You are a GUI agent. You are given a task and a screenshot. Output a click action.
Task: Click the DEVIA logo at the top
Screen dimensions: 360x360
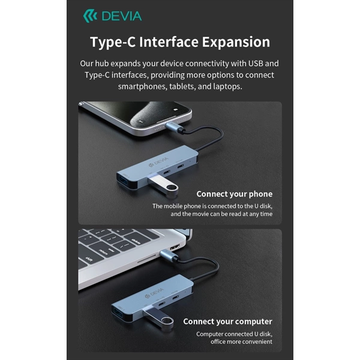tap(112, 16)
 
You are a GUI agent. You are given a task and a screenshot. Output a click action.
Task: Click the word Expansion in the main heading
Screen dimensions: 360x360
tap(236, 42)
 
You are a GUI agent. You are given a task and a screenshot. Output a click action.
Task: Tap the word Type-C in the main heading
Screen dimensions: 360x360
tap(113, 43)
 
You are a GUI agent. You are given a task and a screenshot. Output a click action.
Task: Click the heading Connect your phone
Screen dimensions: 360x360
tap(235, 194)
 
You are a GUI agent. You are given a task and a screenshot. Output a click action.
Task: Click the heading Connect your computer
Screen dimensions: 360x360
tap(228, 322)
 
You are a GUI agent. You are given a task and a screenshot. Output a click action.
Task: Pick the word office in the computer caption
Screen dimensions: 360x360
tap(218, 341)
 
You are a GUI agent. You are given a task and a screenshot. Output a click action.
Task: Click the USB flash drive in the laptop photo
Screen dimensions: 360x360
tap(159, 319)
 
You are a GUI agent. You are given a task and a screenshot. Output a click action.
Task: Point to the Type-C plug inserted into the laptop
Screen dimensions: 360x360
tap(168, 256)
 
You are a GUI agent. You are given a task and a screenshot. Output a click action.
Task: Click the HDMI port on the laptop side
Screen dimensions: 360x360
tap(175, 248)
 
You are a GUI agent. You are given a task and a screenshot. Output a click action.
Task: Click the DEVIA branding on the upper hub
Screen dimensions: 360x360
tap(158, 161)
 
